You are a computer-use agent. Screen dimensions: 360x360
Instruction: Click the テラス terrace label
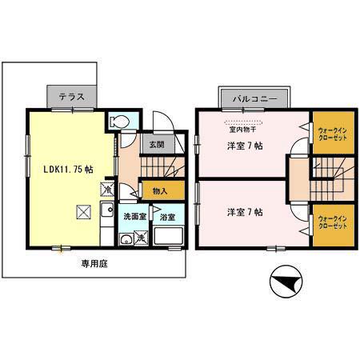click(71, 97)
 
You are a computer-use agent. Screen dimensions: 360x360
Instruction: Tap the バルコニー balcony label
click(255, 98)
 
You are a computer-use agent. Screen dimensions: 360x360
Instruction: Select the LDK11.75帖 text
click(68, 169)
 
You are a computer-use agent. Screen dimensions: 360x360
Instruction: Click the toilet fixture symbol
click(120, 122)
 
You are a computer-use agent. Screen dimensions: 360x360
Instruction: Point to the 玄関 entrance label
click(157, 145)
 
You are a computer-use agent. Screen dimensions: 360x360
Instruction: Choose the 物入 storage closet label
click(160, 191)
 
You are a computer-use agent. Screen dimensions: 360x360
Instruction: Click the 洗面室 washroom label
click(135, 216)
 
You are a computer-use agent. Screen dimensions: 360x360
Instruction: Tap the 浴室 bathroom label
click(167, 217)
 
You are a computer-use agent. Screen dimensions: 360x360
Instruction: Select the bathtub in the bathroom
click(169, 235)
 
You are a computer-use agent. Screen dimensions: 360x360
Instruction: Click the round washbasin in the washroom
click(126, 239)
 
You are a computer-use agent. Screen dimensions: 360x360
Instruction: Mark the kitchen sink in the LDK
click(107, 210)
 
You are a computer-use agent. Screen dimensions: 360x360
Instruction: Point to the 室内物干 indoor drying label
click(243, 130)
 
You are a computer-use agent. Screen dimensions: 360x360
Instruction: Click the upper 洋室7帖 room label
click(245, 146)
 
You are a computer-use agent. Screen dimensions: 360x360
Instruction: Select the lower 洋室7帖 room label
click(245, 212)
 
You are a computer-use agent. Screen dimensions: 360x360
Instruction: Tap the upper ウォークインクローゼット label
click(333, 134)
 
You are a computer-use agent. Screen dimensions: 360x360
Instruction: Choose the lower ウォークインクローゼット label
click(333, 222)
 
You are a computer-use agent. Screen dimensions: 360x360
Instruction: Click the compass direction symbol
click(286, 282)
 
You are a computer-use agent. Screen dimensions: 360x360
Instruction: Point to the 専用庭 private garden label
click(94, 264)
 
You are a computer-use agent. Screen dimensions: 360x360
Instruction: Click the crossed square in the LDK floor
click(84, 212)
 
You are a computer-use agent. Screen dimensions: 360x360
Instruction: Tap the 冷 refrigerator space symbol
click(107, 190)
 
